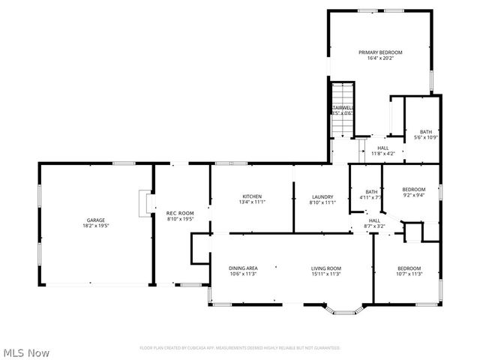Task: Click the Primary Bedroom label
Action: tap(380, 52)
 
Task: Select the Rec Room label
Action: tap(180, 214)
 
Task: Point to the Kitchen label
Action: tap(251, 196)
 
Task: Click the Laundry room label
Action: tap(321, 196)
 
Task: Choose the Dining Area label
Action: tap(243, 268)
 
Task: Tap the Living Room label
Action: tap(326, 268)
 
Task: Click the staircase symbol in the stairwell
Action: tap(343, 109)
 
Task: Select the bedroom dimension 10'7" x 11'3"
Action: tap(409, 274)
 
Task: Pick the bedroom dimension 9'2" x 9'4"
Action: tap(413, 195)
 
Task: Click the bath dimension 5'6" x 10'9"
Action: tap(425, 137)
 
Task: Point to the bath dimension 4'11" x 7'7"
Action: tap(370, 197)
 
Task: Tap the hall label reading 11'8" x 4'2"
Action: tap(382, 154)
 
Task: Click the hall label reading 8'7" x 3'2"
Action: tap(374, 226)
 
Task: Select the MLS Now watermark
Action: tap(26, 352)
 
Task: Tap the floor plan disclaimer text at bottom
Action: tap(240, 348)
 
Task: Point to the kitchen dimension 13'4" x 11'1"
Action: tap(251, 202)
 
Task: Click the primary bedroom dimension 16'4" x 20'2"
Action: tap(380, 58)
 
